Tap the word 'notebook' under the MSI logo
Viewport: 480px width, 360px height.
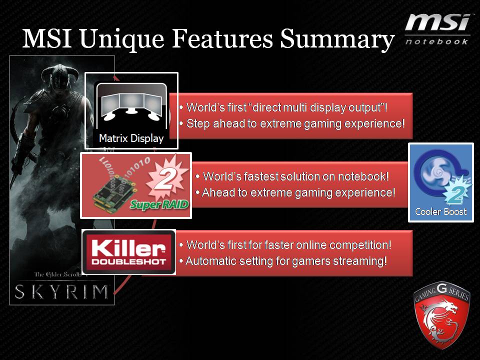point(436,41)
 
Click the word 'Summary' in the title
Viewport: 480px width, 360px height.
point(337,39)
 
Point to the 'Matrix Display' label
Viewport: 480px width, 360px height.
point(131,138)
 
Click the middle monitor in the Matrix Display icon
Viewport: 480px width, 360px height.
point(131,103)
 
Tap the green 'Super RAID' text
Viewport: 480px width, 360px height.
point(159,204)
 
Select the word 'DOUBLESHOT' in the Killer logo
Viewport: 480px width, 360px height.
point(128,261)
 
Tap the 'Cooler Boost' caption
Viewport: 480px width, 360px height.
point(441,211)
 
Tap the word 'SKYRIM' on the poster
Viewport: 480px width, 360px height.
point(61,291)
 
